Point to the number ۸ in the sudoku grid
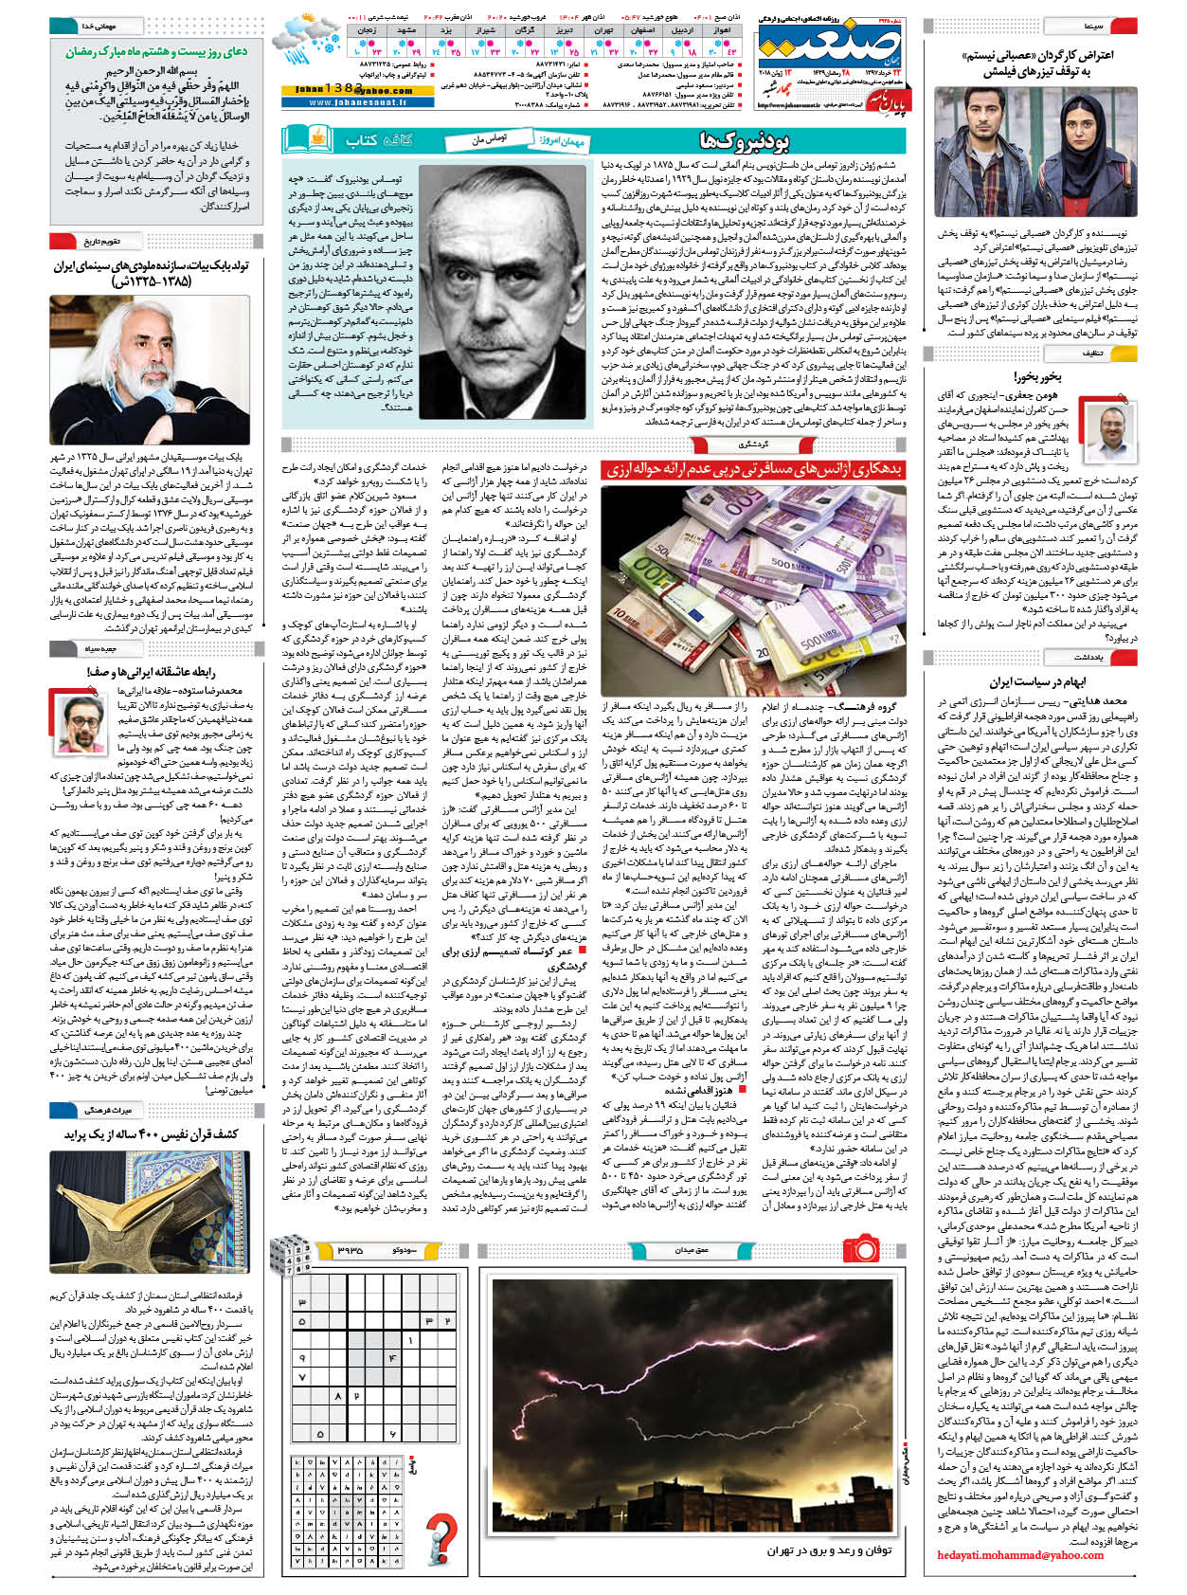tap(339, 1396)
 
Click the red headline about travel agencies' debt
tap(753, 470)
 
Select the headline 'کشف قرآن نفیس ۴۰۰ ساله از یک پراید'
tap(152, 1134)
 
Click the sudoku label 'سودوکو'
tap(403, 1250)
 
